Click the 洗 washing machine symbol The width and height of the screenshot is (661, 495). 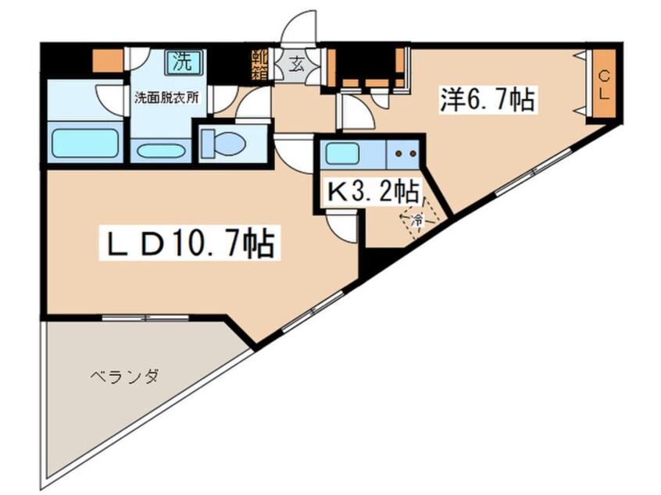point(182,59)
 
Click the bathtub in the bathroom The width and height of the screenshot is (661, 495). point(84,144)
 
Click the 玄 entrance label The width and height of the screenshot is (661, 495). point(298,64)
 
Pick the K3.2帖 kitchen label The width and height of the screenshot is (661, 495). point(373,191)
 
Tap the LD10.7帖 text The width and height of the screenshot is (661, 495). point(188,244)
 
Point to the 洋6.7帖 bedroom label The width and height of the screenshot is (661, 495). point(486,101)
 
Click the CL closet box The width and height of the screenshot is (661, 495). point(604,84)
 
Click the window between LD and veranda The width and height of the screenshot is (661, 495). point(145,318)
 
